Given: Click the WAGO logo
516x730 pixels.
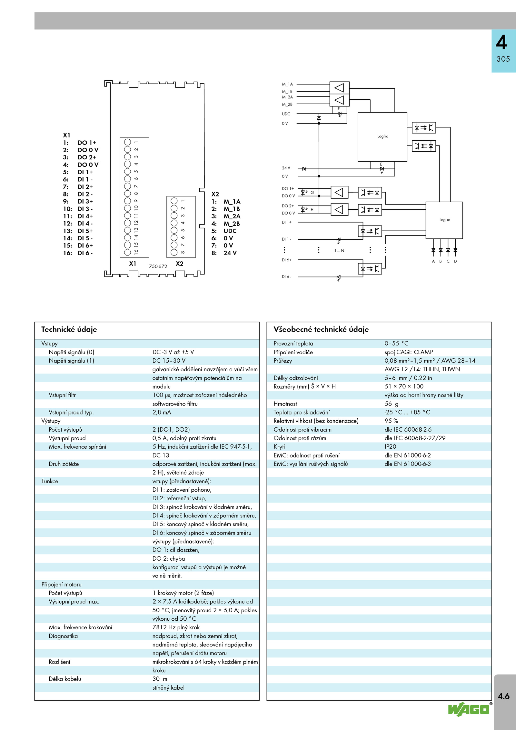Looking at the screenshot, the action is [470, 709].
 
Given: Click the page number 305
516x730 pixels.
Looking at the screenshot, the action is [503, 59].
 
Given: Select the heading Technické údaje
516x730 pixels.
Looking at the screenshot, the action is [69, 329].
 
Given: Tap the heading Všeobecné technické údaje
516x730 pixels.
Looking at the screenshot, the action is [321, 329].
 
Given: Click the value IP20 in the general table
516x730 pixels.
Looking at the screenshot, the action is [390, 446].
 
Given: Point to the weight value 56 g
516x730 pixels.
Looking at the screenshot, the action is [391, 404].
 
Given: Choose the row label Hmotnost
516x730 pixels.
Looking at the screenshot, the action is [285, 404].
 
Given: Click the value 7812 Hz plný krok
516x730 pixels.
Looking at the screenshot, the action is [176, 627].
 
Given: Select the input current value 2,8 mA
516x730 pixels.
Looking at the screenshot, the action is [162, 412].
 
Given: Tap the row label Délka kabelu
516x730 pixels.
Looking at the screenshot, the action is [65, 679].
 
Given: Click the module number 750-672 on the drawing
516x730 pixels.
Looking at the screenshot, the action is [158, 266].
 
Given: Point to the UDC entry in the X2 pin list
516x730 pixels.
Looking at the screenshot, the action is [230, 231].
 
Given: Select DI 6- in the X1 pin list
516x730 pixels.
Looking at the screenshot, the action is [85, 253].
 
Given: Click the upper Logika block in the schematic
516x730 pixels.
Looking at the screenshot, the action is [382, 137].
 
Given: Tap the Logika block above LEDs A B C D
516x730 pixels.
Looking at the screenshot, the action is [444, 220].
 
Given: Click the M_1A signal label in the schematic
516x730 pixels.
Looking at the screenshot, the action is [287, 84].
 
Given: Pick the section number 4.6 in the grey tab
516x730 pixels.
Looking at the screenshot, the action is [503, 696].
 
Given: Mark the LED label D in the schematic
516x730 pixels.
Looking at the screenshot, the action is [455, 261].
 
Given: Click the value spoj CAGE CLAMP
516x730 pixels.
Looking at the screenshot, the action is [409, 352].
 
